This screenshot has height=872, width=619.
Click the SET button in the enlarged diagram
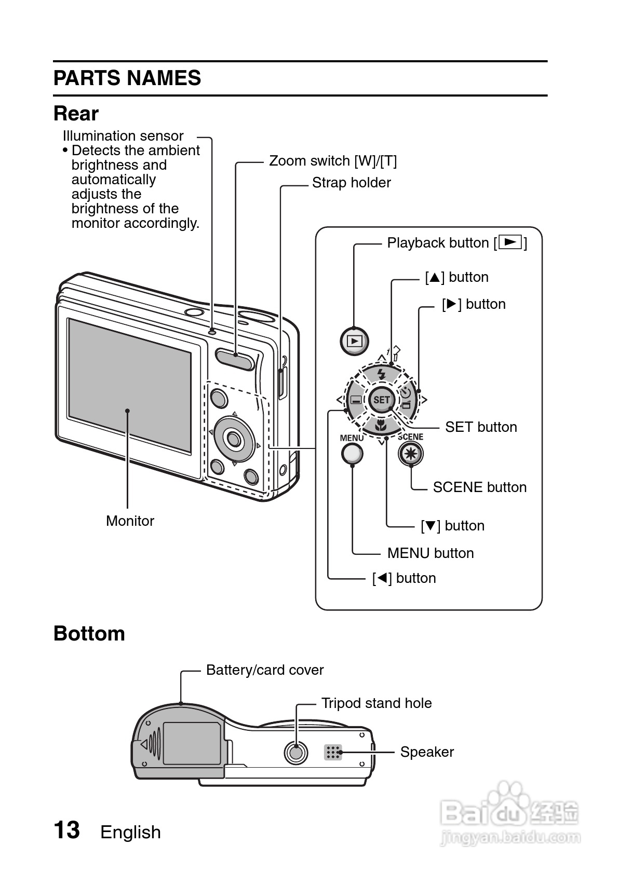(381, 400)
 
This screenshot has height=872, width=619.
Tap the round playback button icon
(355, 341)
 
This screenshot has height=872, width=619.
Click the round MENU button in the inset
(352, 454)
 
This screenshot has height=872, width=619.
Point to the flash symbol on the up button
(382, 374)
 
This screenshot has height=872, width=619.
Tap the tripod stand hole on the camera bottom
(295, 752)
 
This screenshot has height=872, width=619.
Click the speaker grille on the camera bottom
(333, 752)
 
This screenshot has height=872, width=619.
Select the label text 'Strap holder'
(351, 183)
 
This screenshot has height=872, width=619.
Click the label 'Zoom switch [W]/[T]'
(332, 161)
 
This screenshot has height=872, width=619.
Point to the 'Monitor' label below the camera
(130, 521)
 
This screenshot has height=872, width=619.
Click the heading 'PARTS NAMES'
(127, 78)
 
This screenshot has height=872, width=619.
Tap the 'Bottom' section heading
(89, 634)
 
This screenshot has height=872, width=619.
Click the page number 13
(67, 830)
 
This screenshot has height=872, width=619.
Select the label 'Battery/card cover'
(264, 670)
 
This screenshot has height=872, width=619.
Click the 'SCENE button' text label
(479, 487)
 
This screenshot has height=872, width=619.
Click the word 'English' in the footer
(130, 832)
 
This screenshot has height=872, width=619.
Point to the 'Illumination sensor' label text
(123, 136)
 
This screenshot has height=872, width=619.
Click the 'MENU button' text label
(430, 553)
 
